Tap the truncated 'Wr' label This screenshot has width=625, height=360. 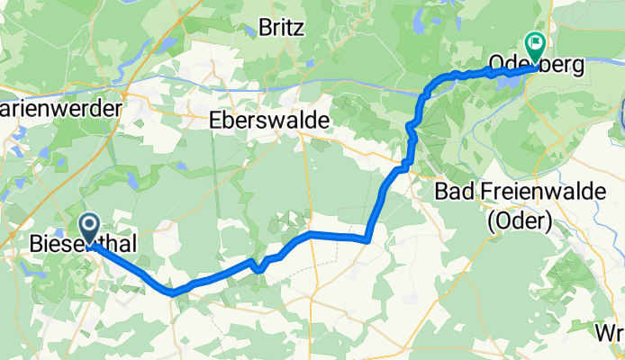[610, 334]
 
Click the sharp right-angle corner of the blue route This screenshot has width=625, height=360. [368, 240]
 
